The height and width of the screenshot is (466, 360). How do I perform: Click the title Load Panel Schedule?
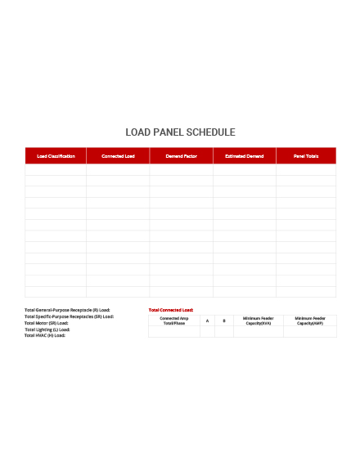point(180,132)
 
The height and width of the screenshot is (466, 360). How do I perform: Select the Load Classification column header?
point(56,155)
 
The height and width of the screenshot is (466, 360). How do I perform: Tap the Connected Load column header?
point(118,155)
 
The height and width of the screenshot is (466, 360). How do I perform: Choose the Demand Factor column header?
point(181,155)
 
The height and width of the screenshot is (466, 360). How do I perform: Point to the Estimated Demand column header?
point(244,155)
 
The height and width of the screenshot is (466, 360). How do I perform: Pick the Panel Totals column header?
point(306,155)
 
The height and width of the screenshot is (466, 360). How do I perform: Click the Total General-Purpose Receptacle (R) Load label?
point(67,310)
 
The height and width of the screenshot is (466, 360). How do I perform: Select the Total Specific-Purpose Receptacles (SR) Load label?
point(69,316)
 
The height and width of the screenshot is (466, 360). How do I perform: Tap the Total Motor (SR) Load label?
point(47,323)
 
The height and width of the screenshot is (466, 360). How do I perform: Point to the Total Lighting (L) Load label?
point(47,329)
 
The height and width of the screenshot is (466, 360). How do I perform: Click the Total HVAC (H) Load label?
point(45,335)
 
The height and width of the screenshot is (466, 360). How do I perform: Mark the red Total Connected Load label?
point(171,310)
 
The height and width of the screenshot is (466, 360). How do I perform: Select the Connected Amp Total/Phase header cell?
point(174,320)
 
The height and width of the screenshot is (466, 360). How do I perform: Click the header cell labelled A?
point(208,320)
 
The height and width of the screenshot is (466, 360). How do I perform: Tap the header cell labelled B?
point(224,320)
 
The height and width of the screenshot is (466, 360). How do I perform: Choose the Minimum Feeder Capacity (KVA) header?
point(258,320)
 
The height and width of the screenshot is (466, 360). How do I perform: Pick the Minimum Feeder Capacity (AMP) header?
point(310,320)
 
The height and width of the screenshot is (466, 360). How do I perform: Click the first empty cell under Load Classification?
point(56,169)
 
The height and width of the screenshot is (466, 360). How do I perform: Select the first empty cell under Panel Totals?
point(306,169)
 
